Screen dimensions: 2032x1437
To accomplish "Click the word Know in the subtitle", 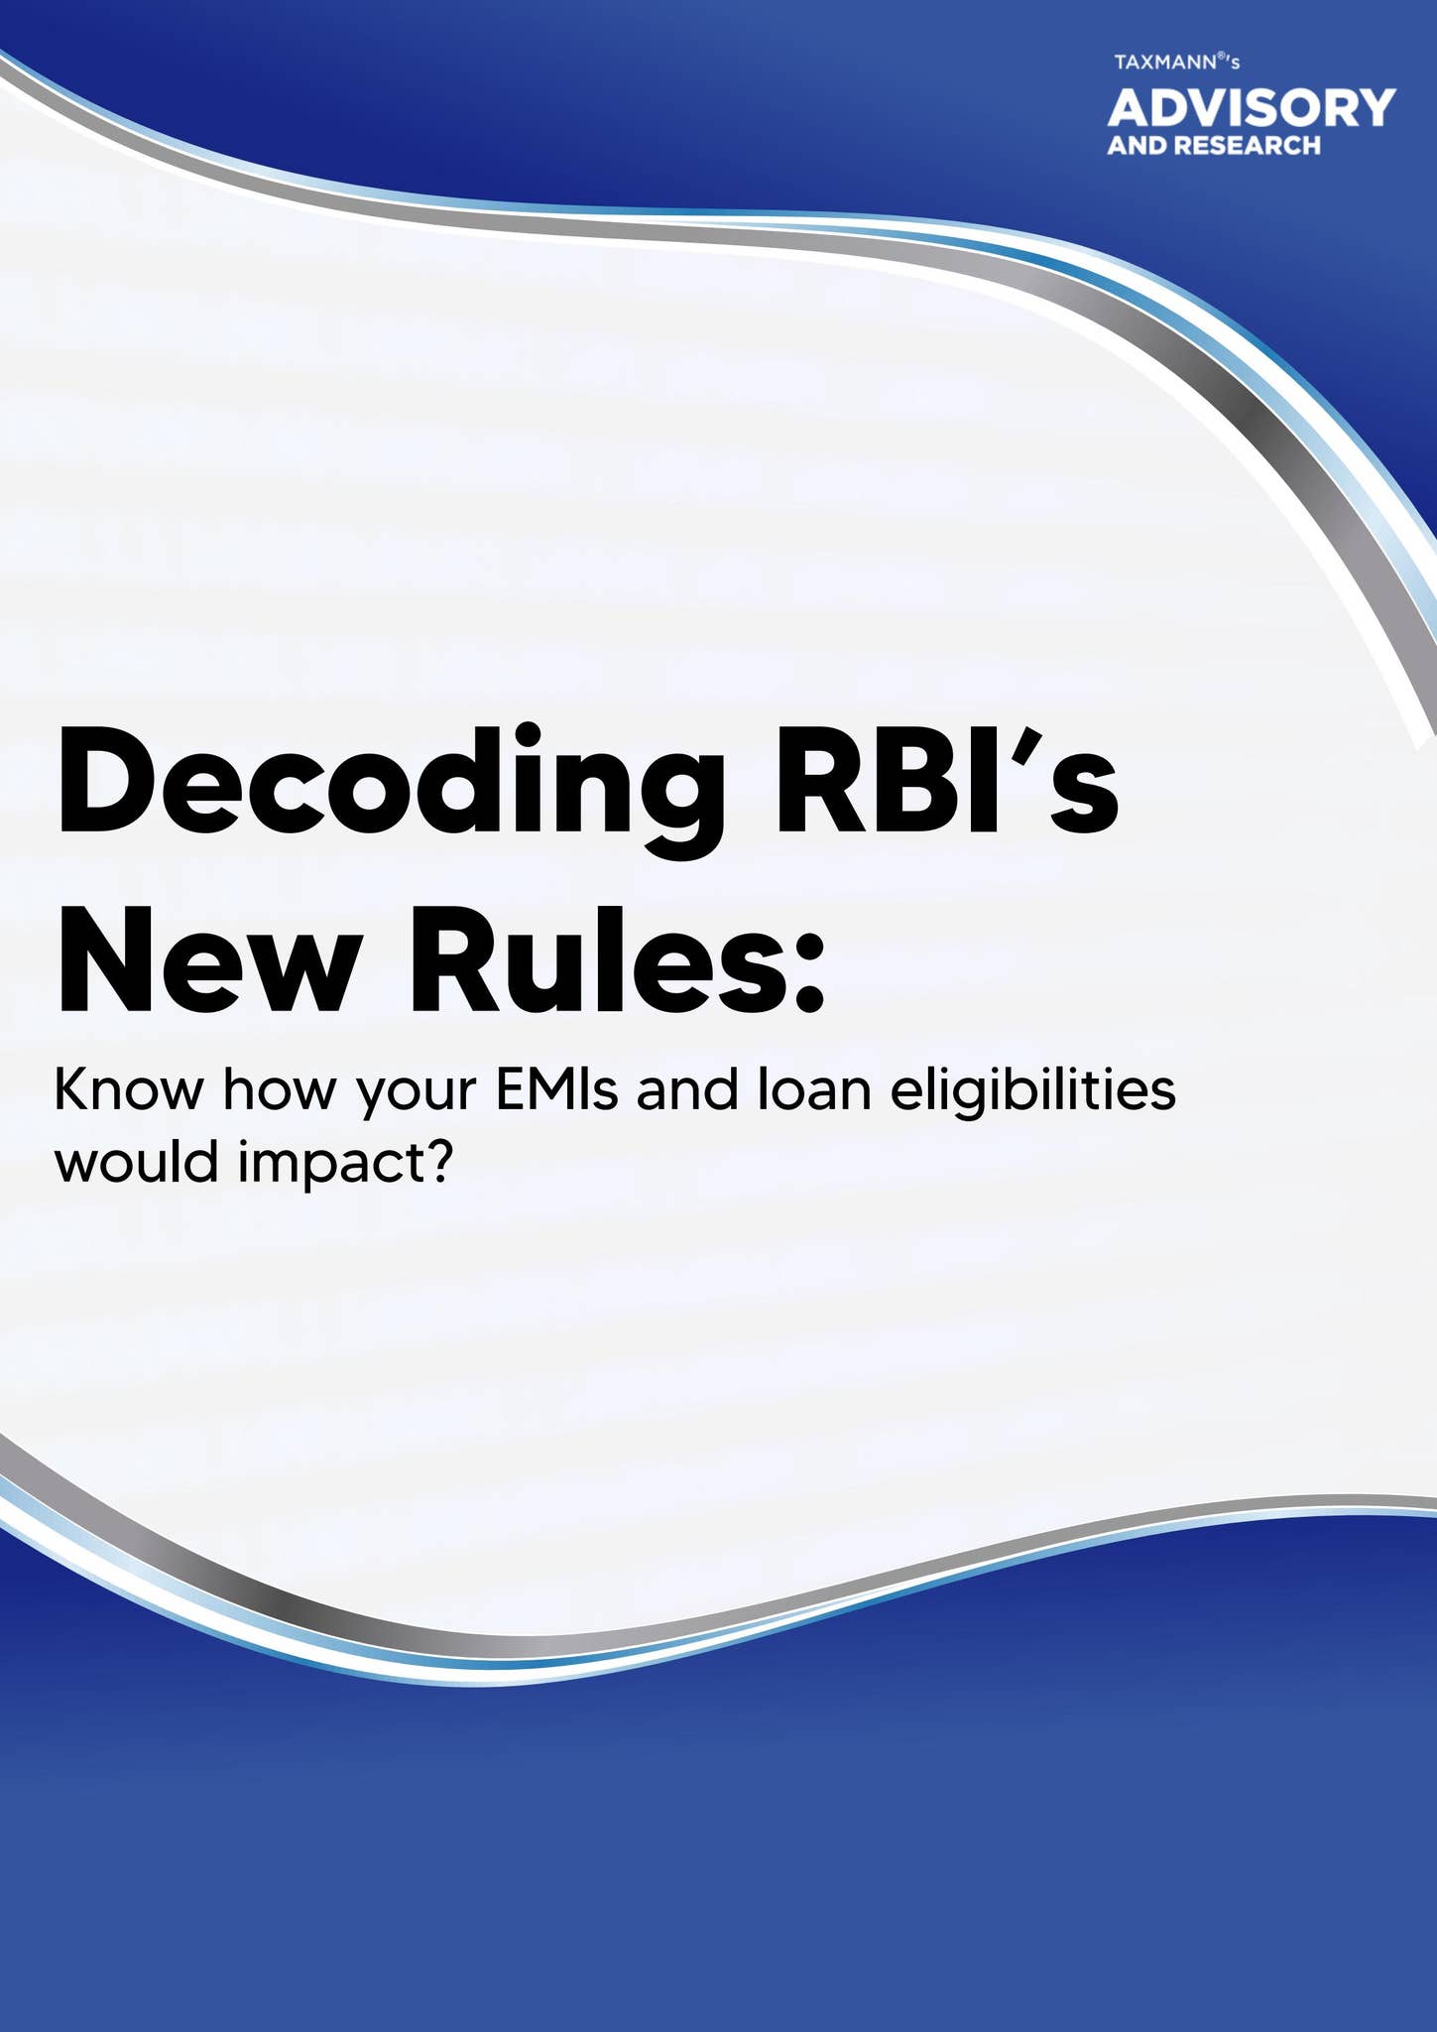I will (129, 1089).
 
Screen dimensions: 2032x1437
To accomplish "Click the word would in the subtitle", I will (136, 1161).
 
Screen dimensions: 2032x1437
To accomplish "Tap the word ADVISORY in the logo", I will (1252, 107).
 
